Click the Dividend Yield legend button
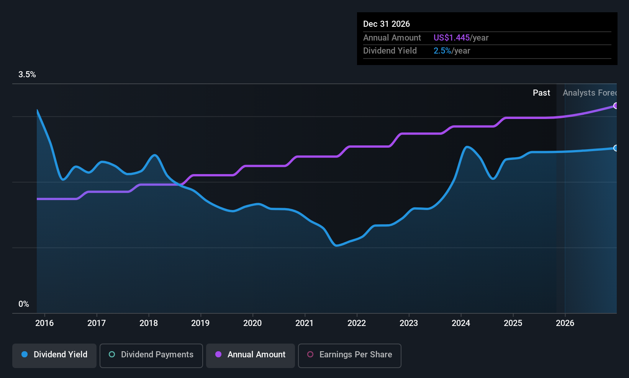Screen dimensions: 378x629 [x=54, y=355]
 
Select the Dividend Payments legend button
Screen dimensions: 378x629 [x=151, y=355]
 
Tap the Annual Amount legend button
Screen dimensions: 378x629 [x=251, y=355]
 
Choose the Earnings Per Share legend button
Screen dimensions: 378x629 [x=349, y=355]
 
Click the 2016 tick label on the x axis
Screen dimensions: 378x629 [x=44, y=323]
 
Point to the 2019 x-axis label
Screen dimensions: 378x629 [x=200, y=323]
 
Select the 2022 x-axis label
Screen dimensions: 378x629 [x=357, y=323]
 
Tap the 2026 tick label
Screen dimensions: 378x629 [x=565, y=323]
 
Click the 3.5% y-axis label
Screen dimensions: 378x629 [x=27, y=75]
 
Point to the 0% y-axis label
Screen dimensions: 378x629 [x=24, y=304]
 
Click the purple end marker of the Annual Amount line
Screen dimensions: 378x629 [x=616, y=106]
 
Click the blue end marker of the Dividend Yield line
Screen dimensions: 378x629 [x=616, y=148]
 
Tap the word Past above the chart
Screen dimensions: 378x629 [x=541, y=93]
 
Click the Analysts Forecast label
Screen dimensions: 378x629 [x=589, y=93]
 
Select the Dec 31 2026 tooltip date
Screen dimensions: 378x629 [x=387, y=24]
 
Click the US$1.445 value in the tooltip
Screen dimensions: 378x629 [x=452, y=38]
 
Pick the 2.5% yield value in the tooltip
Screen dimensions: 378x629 [x=442, y=51]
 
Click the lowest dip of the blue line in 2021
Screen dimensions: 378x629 [x=336, y=246]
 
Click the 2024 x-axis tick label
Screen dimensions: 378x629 [x=461, y=323]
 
